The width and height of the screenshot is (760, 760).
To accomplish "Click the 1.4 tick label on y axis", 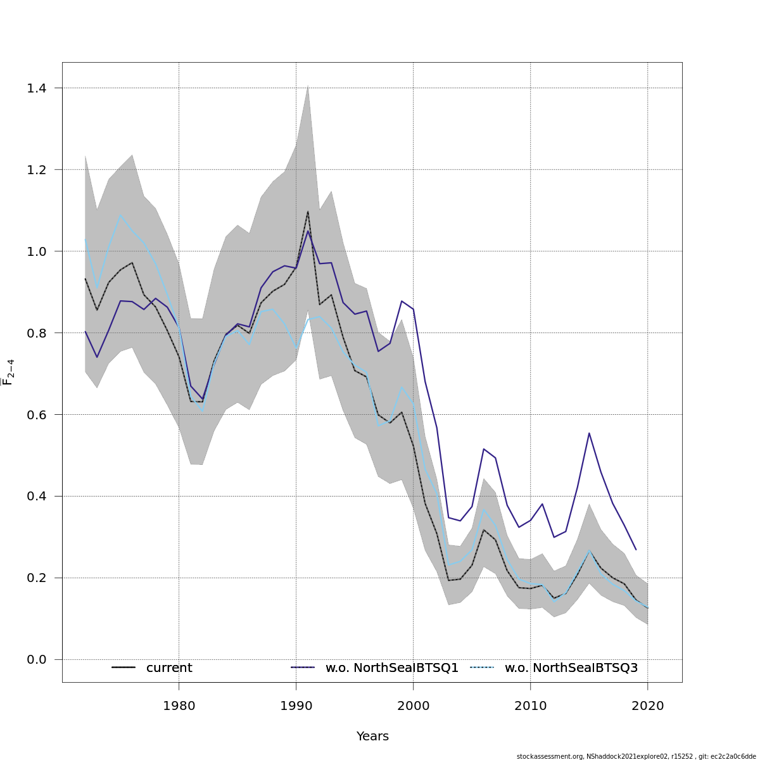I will point(37,88).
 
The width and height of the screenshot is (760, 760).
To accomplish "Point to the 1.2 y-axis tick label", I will point(37,170).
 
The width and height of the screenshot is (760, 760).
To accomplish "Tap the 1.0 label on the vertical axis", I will point(37,251).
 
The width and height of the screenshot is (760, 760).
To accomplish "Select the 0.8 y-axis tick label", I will point(37,333).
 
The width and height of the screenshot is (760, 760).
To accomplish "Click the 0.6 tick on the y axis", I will point(37,415).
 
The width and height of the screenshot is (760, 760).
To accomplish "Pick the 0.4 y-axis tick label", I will point(37,497).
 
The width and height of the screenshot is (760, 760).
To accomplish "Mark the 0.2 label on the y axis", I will point(37,578).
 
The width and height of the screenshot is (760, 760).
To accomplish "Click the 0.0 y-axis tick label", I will point(37,660).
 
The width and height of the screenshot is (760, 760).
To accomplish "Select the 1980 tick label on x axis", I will point(179,706).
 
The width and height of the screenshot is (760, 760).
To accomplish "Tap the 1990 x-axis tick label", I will point(296,706).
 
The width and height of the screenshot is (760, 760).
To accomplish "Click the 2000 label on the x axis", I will point(413,706).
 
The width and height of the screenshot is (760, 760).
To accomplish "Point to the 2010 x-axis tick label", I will point(530,706).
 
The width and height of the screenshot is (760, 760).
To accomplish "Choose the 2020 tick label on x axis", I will point(647,706).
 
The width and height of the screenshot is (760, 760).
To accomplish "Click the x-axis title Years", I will point(372,737).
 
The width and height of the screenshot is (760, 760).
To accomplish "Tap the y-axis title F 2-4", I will point(9,372).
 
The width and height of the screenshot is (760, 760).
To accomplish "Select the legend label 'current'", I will point(169,668).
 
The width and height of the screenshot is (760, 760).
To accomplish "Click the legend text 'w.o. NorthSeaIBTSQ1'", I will point(391,668).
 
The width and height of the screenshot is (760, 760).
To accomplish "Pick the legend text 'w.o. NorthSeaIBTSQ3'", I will point(571,668).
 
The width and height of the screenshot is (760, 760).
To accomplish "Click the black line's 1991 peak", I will point(308,212).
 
